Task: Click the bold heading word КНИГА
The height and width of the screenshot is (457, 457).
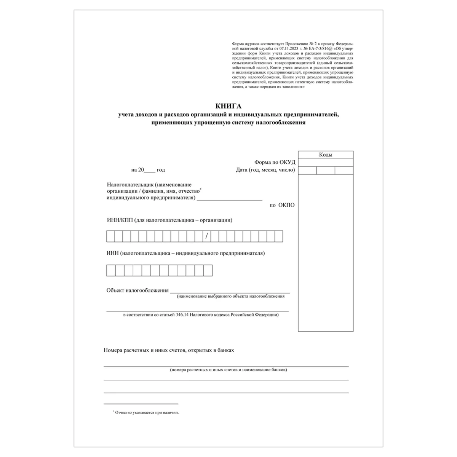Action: (228, 106)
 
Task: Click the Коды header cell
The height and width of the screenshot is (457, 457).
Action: (326, 155)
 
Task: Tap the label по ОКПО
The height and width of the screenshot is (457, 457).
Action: (282, 205)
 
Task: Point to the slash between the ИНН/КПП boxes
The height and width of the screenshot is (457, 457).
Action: (206, 236)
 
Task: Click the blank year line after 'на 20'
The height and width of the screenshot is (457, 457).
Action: (151, 170)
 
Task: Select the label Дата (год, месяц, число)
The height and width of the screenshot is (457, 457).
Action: (265, 170)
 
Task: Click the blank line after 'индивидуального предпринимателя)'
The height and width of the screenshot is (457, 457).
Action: (230, 198)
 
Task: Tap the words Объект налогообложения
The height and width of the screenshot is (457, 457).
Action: (137, 290)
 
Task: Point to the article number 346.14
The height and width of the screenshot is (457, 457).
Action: (182, 315)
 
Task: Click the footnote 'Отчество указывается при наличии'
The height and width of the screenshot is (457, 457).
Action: (147, 412)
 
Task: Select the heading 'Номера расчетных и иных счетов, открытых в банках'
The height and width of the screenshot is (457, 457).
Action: (169, 350)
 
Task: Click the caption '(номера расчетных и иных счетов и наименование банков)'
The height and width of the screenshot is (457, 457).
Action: (228, 370)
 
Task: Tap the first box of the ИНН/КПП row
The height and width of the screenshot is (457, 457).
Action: (110, 236)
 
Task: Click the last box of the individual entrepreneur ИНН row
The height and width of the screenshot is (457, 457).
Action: (208, 270)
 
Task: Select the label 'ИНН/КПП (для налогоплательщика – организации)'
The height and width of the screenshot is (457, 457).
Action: (169, 220)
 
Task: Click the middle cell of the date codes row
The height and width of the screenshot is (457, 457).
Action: (326, 170)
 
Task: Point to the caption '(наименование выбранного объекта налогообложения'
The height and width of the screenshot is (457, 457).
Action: (230, 296)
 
